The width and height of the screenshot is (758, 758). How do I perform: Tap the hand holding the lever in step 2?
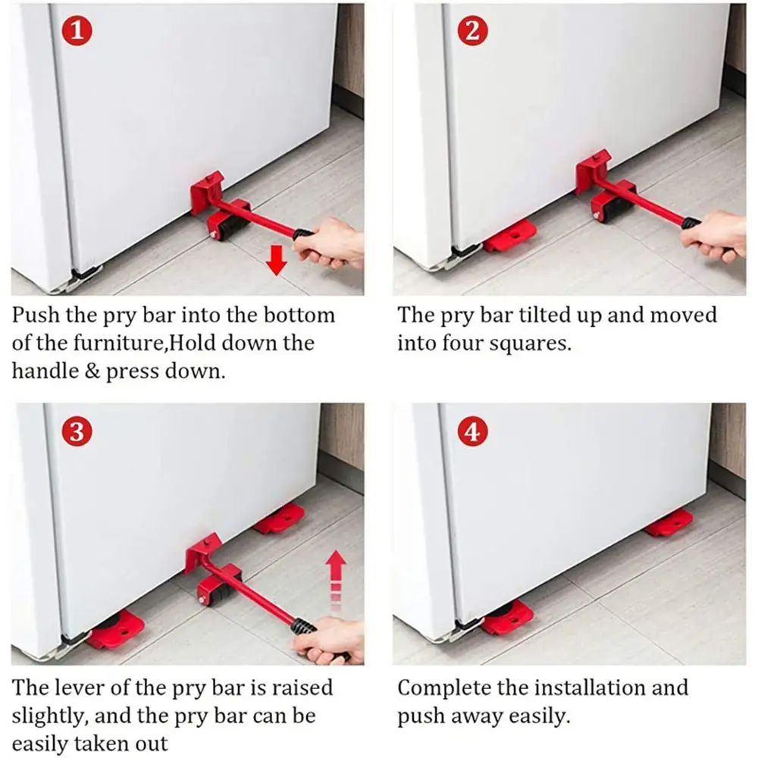(716, 235)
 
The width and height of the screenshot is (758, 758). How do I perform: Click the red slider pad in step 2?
(510, 236)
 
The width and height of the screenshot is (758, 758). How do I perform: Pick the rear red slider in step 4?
(669, 523)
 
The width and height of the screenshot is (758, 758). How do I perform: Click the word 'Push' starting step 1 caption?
(37, 315)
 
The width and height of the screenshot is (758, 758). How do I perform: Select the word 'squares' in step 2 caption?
(530, 343)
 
